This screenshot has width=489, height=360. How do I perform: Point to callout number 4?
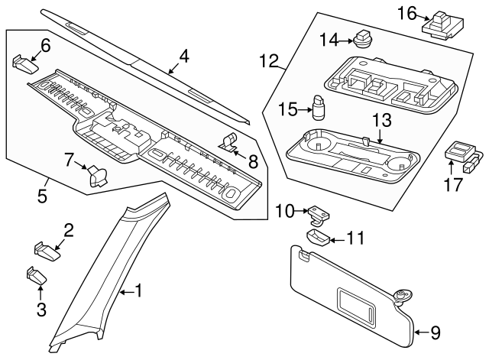coord(183,57)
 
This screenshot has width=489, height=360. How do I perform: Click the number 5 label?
coord(43,196)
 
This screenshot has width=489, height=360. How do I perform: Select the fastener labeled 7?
coord(97,175)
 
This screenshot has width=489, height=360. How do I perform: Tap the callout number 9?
coord(435,332)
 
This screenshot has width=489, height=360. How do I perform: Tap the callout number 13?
coord(381,120)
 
